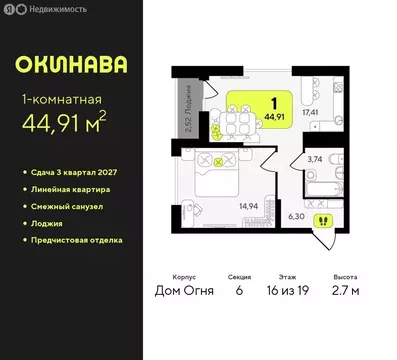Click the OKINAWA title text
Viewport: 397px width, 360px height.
coord(71,66)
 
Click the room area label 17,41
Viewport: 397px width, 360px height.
coord(311,112)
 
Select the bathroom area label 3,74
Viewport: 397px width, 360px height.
coord(315,159)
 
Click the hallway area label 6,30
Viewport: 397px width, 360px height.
coord(296,214)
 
